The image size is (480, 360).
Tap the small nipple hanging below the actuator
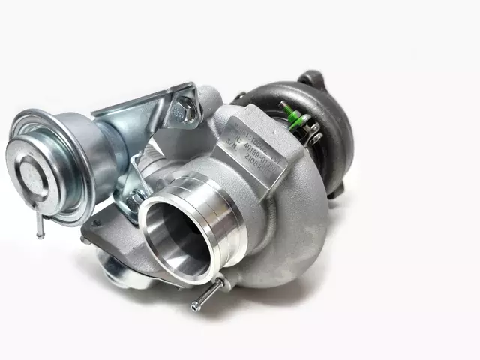pyautogui.click(x=39, y=226)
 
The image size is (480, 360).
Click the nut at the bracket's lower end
pyautogui.click(x=137, y=196)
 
